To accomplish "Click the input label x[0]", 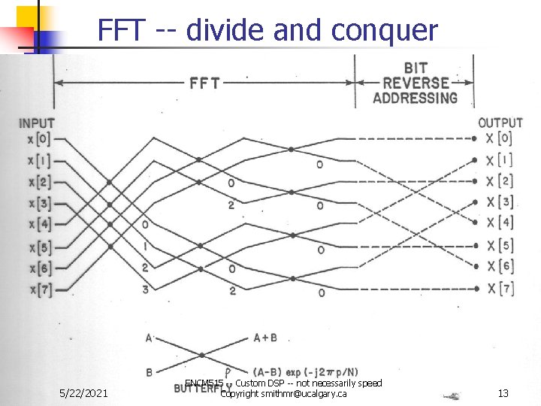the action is click(38, 139).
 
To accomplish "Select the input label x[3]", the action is click(38, 203).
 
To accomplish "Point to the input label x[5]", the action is click(38, 247).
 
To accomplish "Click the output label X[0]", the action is click(500, 138).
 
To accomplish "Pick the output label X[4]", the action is click(500, 223).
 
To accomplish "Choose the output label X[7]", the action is click(500, 288).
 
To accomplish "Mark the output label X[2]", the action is click(500, 181).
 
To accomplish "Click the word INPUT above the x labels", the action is click(37, 123).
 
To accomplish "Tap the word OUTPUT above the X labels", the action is click(500, 123).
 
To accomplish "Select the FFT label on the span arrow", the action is click(204, 82).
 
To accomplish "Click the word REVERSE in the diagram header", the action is click(415, 83).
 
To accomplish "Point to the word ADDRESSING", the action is click(415, 98).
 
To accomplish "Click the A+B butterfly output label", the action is click(264, 338).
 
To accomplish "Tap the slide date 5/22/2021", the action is click(86, 393).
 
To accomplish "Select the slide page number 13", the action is click(503, 393).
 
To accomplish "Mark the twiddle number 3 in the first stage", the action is click(145, 288).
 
